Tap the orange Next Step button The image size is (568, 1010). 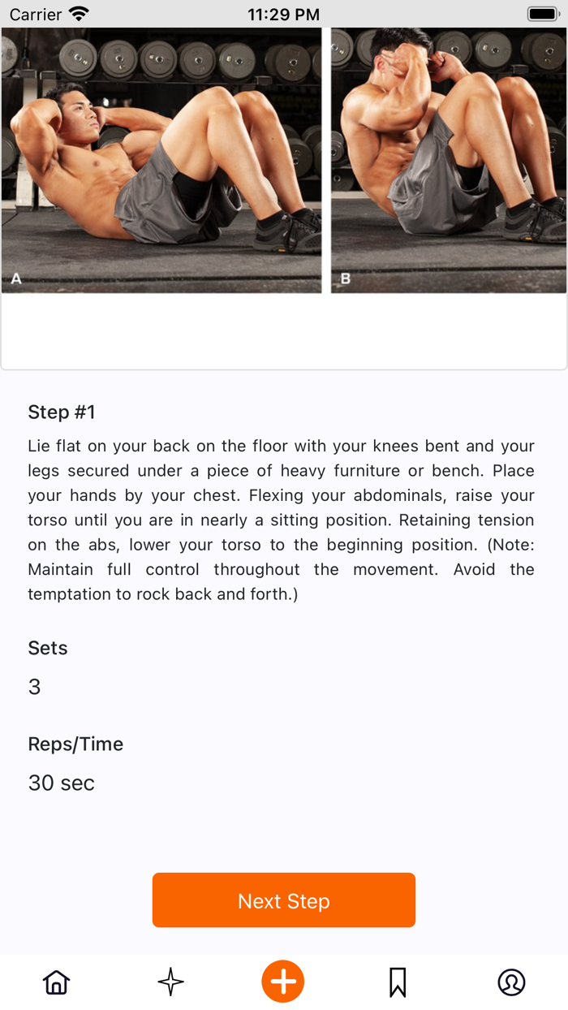coord(283,900)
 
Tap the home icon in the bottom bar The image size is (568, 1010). coord(56,982)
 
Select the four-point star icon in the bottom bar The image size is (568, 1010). coord(170,982)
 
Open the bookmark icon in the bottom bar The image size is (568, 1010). coord(398,982)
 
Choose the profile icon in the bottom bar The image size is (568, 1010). coord(511,982)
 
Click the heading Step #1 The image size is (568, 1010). coord(62,412)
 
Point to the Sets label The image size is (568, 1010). coord(48,648)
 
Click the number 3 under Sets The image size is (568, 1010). coord(35,687)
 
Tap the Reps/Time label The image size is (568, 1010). coord(75,745)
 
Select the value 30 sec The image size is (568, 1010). coord(62,783)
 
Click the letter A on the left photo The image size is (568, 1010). coord(16,278)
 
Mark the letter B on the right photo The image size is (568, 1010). coord(346,278)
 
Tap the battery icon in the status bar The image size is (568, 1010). coord(544,14)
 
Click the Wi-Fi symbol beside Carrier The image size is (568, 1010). coord(80,14)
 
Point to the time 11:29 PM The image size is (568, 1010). coord(283,15)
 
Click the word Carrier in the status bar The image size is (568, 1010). coord(36,15)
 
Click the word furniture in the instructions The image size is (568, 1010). coord(367,471)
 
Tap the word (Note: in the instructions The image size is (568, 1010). coord(510,545)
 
